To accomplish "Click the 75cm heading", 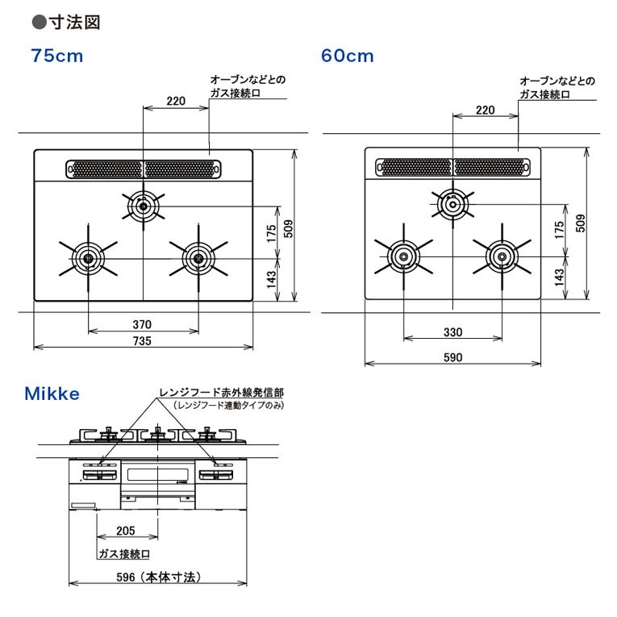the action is coord(57,56).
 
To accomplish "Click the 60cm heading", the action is coord(347,56).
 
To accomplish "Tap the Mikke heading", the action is coord(52,394).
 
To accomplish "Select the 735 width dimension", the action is coord(142,341).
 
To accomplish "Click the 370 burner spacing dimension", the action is coord(142,325).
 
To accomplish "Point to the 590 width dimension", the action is coord(453,357).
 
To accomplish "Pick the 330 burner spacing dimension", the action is coord(453,332).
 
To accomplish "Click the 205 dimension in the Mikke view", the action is coord(126,531).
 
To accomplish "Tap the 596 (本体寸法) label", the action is coord(159,577).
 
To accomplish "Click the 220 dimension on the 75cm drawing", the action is coord(176,101).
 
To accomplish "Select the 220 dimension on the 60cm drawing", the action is coord(486,110).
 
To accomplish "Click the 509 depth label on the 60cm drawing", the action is coord(581,223).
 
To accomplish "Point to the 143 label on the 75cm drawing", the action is coord(272,279).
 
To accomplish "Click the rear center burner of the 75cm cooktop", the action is coord(144,206).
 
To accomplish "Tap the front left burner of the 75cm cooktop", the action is coord(88,259).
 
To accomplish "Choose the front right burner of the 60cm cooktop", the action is coord(502,256).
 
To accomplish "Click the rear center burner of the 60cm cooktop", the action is coord(453,205).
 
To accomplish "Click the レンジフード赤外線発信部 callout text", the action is coord(221,392).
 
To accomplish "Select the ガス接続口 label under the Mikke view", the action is coord(124,554).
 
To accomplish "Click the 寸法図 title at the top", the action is coord(75,22).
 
